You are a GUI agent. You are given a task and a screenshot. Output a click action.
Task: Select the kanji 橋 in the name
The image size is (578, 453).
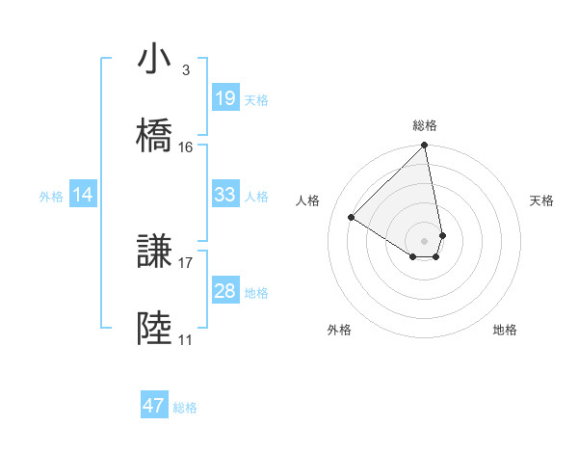click(x=155, y=136)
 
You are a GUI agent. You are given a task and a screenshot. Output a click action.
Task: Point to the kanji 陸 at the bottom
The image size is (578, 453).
click(x=155, y=330)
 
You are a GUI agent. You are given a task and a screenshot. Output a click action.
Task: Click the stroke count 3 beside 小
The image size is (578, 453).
click(x=185, y=70)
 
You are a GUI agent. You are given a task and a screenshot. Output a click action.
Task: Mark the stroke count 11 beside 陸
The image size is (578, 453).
click(x=185, y=340)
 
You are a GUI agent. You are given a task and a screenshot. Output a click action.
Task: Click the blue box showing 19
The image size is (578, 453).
click(x=224, y=98)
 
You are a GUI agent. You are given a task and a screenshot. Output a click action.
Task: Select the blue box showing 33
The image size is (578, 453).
click(x=224, y=195)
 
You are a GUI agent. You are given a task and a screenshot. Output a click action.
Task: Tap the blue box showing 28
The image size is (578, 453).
click(x=224, y=291)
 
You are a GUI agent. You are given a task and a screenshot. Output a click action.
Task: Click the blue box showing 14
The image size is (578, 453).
click(x=83, y=195)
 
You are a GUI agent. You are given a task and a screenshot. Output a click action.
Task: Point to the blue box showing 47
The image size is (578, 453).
click(x=154, y=406)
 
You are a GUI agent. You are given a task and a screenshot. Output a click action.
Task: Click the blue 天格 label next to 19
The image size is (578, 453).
click(x=256, y=99)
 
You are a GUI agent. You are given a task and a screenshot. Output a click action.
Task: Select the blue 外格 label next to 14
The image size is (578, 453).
click(x=51, y=196)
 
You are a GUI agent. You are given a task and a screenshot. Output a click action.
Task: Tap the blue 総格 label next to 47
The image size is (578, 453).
click(x=185, y=408)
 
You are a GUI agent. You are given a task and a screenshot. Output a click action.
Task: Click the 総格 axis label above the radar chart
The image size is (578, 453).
click(x=425, y=125)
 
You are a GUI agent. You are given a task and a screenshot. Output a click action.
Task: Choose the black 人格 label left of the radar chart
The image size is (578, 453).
click(x=307, y=200)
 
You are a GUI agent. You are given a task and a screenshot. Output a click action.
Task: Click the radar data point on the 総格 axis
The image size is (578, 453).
click(x=425, y=147)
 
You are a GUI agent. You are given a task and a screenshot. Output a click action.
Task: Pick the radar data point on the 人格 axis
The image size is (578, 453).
click(x=352, y=218)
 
